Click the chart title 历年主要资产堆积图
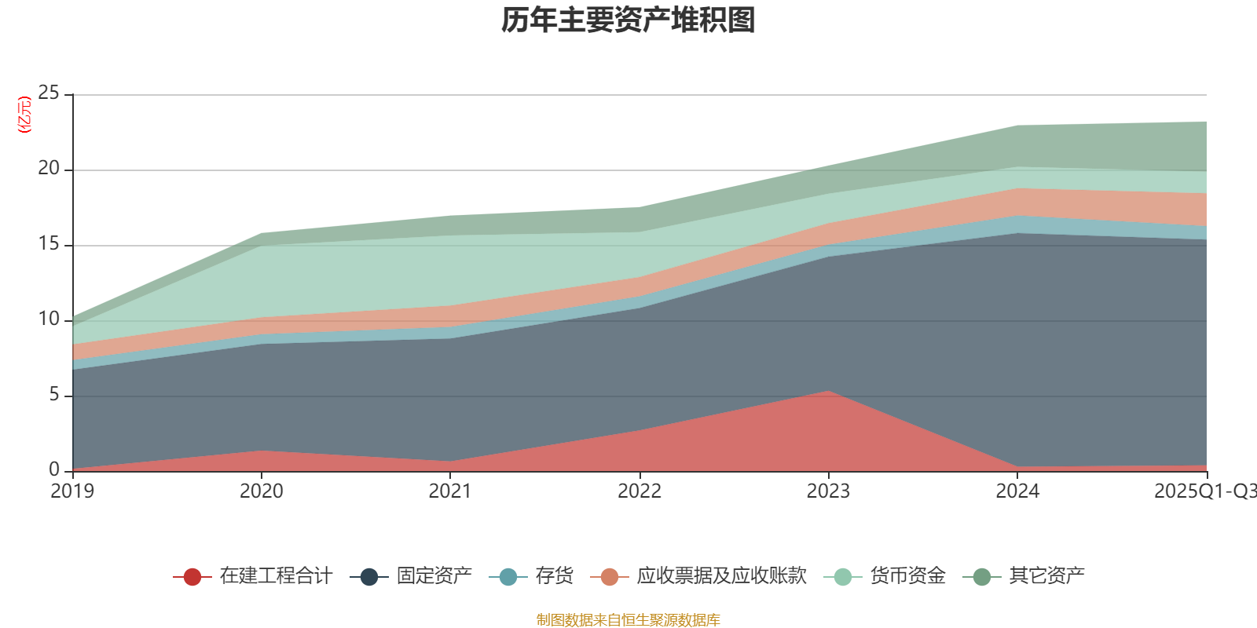point(628,20)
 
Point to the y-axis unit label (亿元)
point(24,115)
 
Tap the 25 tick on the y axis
point(49,93)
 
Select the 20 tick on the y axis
point(49,169)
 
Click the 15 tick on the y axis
point(49,244)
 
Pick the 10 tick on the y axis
point(49,319)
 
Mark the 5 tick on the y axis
point(54,395)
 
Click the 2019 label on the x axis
point(72,491)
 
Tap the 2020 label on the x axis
point(262,491)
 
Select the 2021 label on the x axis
point(450,491)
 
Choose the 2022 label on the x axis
point(639,491)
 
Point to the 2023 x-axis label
point(828,491)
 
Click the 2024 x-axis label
point(1017,491)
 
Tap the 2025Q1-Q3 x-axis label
point(1204,491)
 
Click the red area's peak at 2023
point(828,392)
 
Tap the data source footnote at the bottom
point(628,620)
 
